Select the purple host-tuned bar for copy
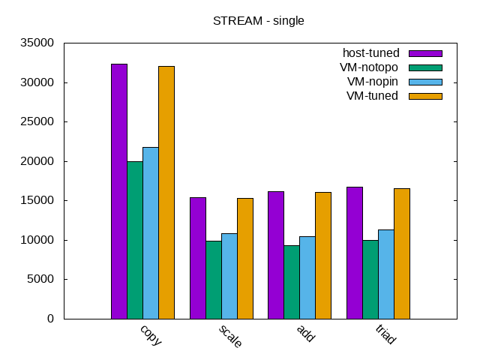tap(119, 191)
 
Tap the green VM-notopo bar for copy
tap(135, 240)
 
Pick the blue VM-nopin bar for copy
tap(151, 232)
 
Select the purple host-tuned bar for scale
tap(197, 258)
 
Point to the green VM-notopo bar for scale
tap(213, 280)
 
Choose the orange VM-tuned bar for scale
tap(245, 259)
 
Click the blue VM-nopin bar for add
tap(307, 277)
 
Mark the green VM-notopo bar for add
tap(292, 282)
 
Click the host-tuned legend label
tap(370, 53)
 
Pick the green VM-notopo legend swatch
tap(425, 67)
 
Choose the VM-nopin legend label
tap(372, 82)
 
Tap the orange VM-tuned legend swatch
tap(425, 96)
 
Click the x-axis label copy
tap(151, 334)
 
